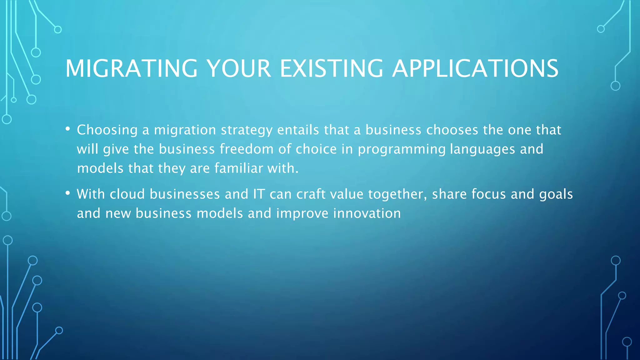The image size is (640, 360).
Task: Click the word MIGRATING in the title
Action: click(131, 68)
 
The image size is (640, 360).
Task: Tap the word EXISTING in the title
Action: click(331, 68)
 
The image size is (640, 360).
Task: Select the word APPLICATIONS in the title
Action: click(475, 68)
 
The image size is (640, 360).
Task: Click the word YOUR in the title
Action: click(239, 68)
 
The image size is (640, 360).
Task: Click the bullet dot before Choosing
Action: click(67, 129)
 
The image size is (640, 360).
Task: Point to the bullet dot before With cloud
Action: click(67, 193)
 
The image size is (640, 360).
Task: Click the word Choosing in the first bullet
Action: click(107, 130)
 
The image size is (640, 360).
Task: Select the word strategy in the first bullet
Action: click(247, 130)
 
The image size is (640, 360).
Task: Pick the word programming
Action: click(402, 149)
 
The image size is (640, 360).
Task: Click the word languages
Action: click(482, 149)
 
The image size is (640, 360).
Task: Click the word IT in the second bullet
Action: click(259, 194)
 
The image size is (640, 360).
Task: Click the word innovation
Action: click(367, 213)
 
